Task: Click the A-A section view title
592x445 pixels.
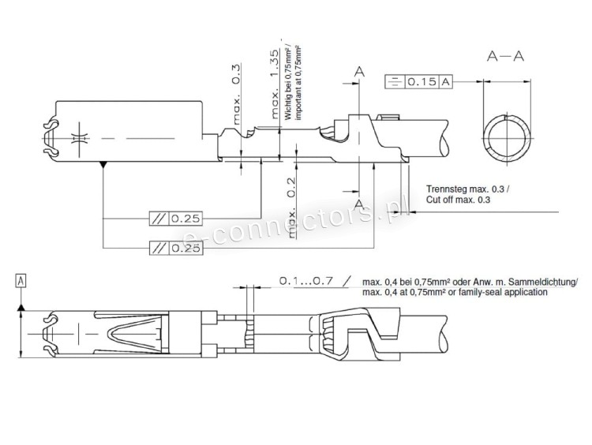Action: pos(505,56)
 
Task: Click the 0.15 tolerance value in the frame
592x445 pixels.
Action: pos(422,81)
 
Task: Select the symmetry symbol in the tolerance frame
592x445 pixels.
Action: pos(395,81)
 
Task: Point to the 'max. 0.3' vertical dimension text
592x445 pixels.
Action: pos(235,94)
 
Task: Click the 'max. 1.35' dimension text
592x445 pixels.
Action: pos(275,84)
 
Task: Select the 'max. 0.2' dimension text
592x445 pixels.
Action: pos(291,208)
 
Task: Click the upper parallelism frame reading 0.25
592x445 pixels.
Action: pos(176,218)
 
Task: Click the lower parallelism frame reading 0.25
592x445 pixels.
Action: pos(176,248)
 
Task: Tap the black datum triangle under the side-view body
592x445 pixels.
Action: pos(103,165)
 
